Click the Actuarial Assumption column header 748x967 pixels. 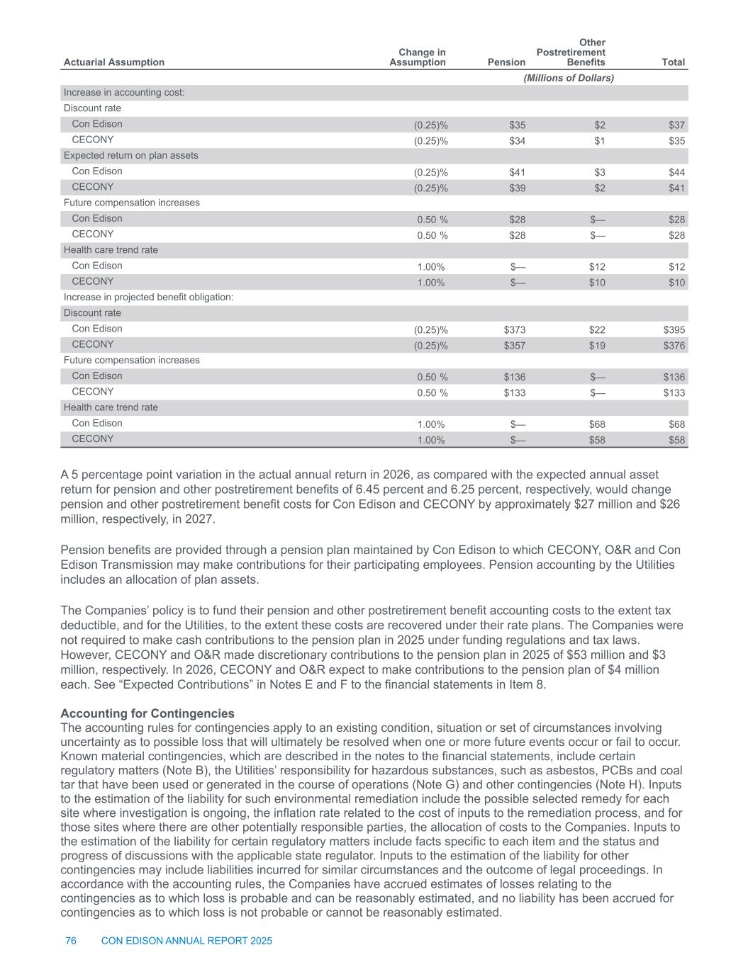click(113, 62)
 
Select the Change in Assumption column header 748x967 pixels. click(418, 57)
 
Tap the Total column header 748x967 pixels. click(673, 62)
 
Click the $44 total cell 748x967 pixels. click(677, 172)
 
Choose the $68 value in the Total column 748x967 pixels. click(677, 424)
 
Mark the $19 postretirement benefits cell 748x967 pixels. click(596, 346)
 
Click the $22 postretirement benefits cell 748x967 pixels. click(596, 330)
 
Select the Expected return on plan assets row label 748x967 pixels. click(131, 156)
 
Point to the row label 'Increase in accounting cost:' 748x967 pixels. click(124, 93)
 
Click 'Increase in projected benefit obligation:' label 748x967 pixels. click(148, 298)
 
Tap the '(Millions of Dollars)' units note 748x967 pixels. click(569, 78)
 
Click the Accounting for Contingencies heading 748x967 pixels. click(147, 713)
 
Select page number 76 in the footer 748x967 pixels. click(71, 941)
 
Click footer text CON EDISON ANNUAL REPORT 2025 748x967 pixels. click(187, 941)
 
